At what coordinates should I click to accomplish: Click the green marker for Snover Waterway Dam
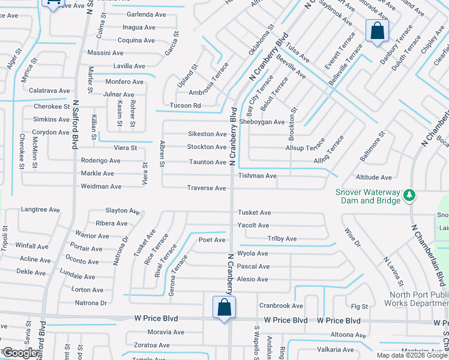click(409, 195)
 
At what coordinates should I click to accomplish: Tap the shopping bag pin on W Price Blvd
click(224, 308)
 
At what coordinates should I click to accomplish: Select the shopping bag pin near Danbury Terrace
click(377, 31)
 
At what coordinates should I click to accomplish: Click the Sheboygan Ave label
click(262, 122)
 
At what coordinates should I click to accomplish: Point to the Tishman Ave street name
click(257, 176)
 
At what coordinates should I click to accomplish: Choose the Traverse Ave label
click(206, 188)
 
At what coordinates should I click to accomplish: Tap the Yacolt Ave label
click(253, 226)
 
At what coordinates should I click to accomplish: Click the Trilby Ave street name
click(282, 239)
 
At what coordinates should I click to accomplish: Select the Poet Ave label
click(212, 240)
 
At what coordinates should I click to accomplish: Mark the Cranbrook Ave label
click(281, 306)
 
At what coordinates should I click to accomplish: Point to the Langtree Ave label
click(40, 210)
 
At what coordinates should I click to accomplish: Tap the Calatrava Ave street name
click(49, 91)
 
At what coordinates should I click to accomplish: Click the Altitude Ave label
click(373, 178)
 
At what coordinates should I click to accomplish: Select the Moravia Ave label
click(166, 332)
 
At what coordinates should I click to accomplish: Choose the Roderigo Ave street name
click(101, 161)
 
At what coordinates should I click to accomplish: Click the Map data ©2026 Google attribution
click(412, 355)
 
